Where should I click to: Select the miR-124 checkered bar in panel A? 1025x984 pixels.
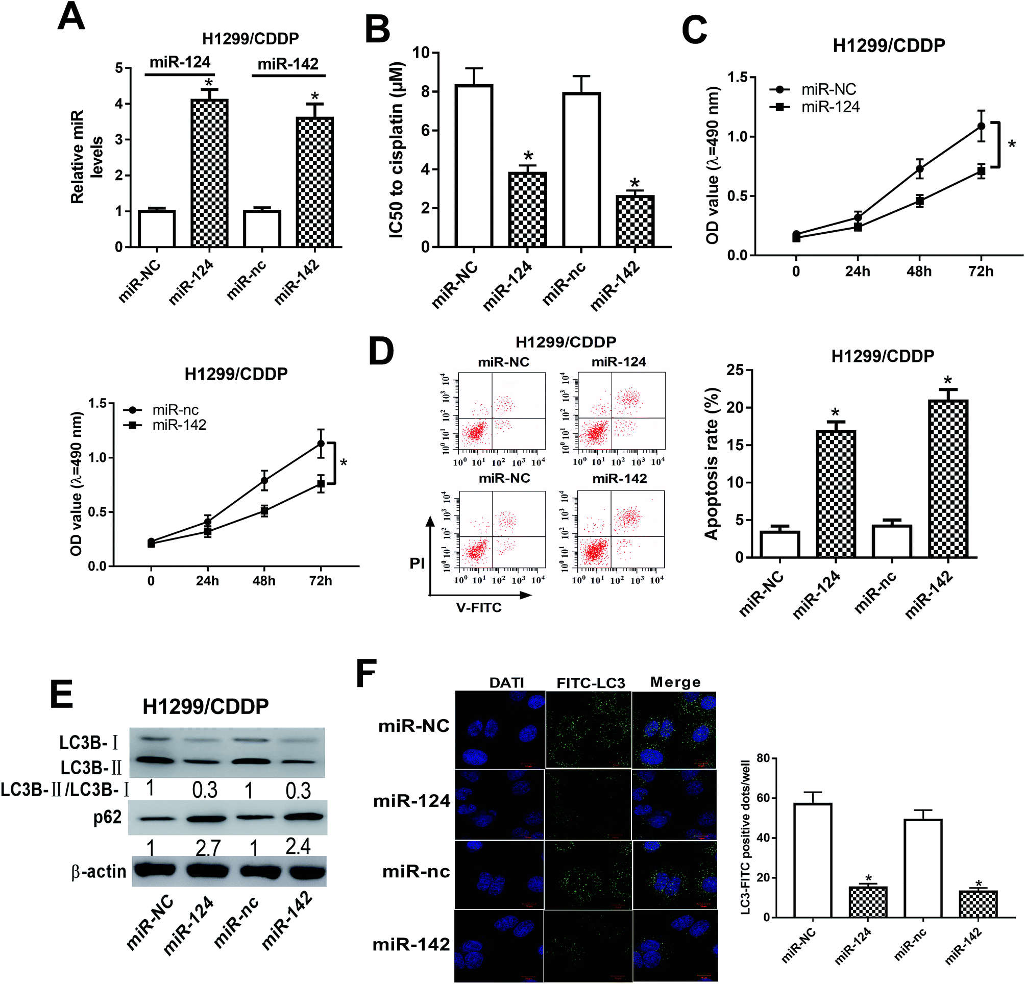tap(209, 173)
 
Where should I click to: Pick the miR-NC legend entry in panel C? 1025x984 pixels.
tap(828, 90)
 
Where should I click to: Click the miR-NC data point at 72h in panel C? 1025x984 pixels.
tap(981, 126)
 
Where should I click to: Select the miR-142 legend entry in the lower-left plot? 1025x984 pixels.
tap(179, 425)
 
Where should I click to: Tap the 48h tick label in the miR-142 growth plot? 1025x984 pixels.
tap(264, 581)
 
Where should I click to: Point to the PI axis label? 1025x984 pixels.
tap(418, 563)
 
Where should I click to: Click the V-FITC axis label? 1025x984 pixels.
tap(478, 607)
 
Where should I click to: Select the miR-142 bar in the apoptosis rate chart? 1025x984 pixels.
tap(948, 478)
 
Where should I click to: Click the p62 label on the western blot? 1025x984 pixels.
tap(107, 817)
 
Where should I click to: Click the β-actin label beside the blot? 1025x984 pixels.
tap(99, 872)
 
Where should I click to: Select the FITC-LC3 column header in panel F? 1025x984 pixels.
tap(591, 683)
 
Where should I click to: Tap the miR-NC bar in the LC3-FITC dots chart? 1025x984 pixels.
tap(813, 860)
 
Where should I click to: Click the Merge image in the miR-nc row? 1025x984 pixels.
tap(674, 875)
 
